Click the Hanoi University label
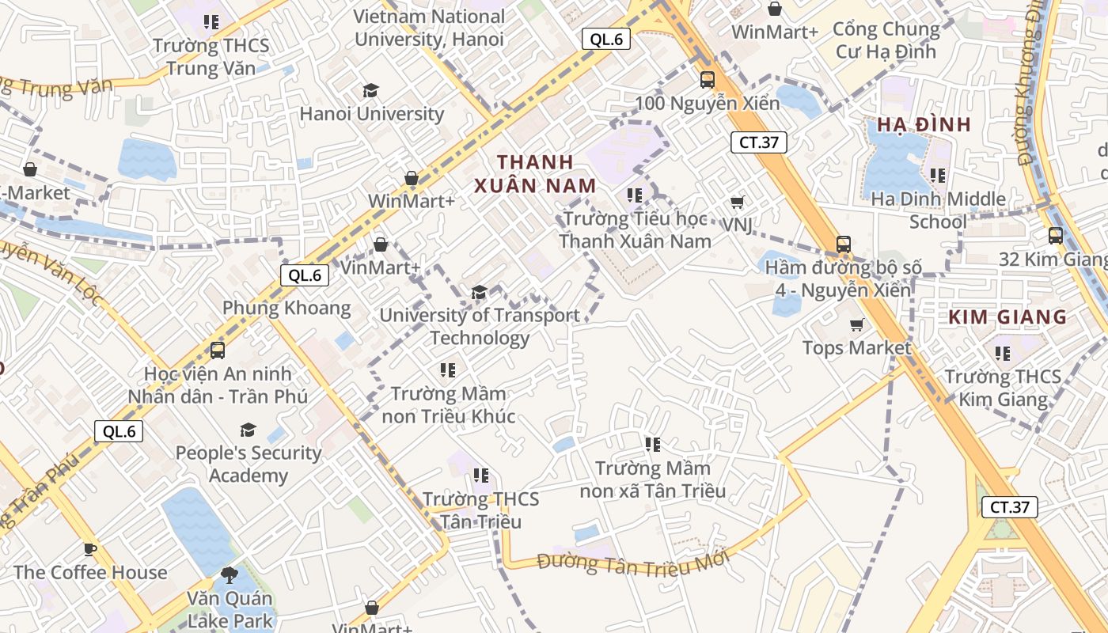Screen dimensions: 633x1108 [371, 114]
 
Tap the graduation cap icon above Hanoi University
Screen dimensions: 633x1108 [370, 91]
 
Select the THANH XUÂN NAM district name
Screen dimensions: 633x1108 [535, 174]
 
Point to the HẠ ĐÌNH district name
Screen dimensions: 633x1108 [924, 125]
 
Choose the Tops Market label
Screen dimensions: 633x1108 [856, 348]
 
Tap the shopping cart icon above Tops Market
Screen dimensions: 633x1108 [856, 325]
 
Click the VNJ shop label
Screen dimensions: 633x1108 [737, 225]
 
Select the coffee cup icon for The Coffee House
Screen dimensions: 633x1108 [90, 549]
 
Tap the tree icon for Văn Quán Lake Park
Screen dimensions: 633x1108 [230, 575]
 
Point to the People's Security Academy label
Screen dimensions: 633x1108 [248, 464]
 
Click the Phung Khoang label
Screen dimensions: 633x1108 [286, 308]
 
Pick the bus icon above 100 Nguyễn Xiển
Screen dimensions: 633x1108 [707, 80]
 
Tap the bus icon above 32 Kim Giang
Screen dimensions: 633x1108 [1055, 236]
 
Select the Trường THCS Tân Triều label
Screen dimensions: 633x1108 [480, 510]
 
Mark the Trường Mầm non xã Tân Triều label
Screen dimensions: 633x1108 [652, 479]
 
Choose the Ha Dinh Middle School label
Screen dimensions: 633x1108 [938, 210]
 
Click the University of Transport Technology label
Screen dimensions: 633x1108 [480, 327]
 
